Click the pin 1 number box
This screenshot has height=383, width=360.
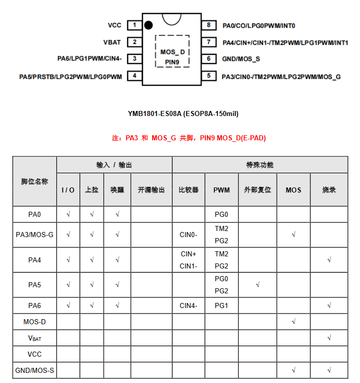134,25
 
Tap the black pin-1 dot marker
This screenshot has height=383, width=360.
149,25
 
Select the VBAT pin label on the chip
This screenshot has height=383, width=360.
112,42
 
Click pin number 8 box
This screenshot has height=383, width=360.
208,25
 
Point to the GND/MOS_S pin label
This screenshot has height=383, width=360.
241,59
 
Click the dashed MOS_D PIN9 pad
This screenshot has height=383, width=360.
172,51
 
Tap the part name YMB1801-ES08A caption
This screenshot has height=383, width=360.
183,113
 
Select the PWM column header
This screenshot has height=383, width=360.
222,190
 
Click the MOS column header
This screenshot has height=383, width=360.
294,190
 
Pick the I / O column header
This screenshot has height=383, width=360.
68,190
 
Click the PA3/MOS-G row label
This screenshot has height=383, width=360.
34,235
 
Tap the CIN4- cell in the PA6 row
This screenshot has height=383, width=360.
189,305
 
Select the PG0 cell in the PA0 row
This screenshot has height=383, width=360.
222,214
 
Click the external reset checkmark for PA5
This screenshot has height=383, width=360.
258,285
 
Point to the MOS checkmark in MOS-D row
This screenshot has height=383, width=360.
294,322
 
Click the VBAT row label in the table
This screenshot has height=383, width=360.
34,338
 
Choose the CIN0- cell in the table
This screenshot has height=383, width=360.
189,235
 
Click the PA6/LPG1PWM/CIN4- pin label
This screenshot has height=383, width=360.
89,59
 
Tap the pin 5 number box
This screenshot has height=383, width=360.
208,76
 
